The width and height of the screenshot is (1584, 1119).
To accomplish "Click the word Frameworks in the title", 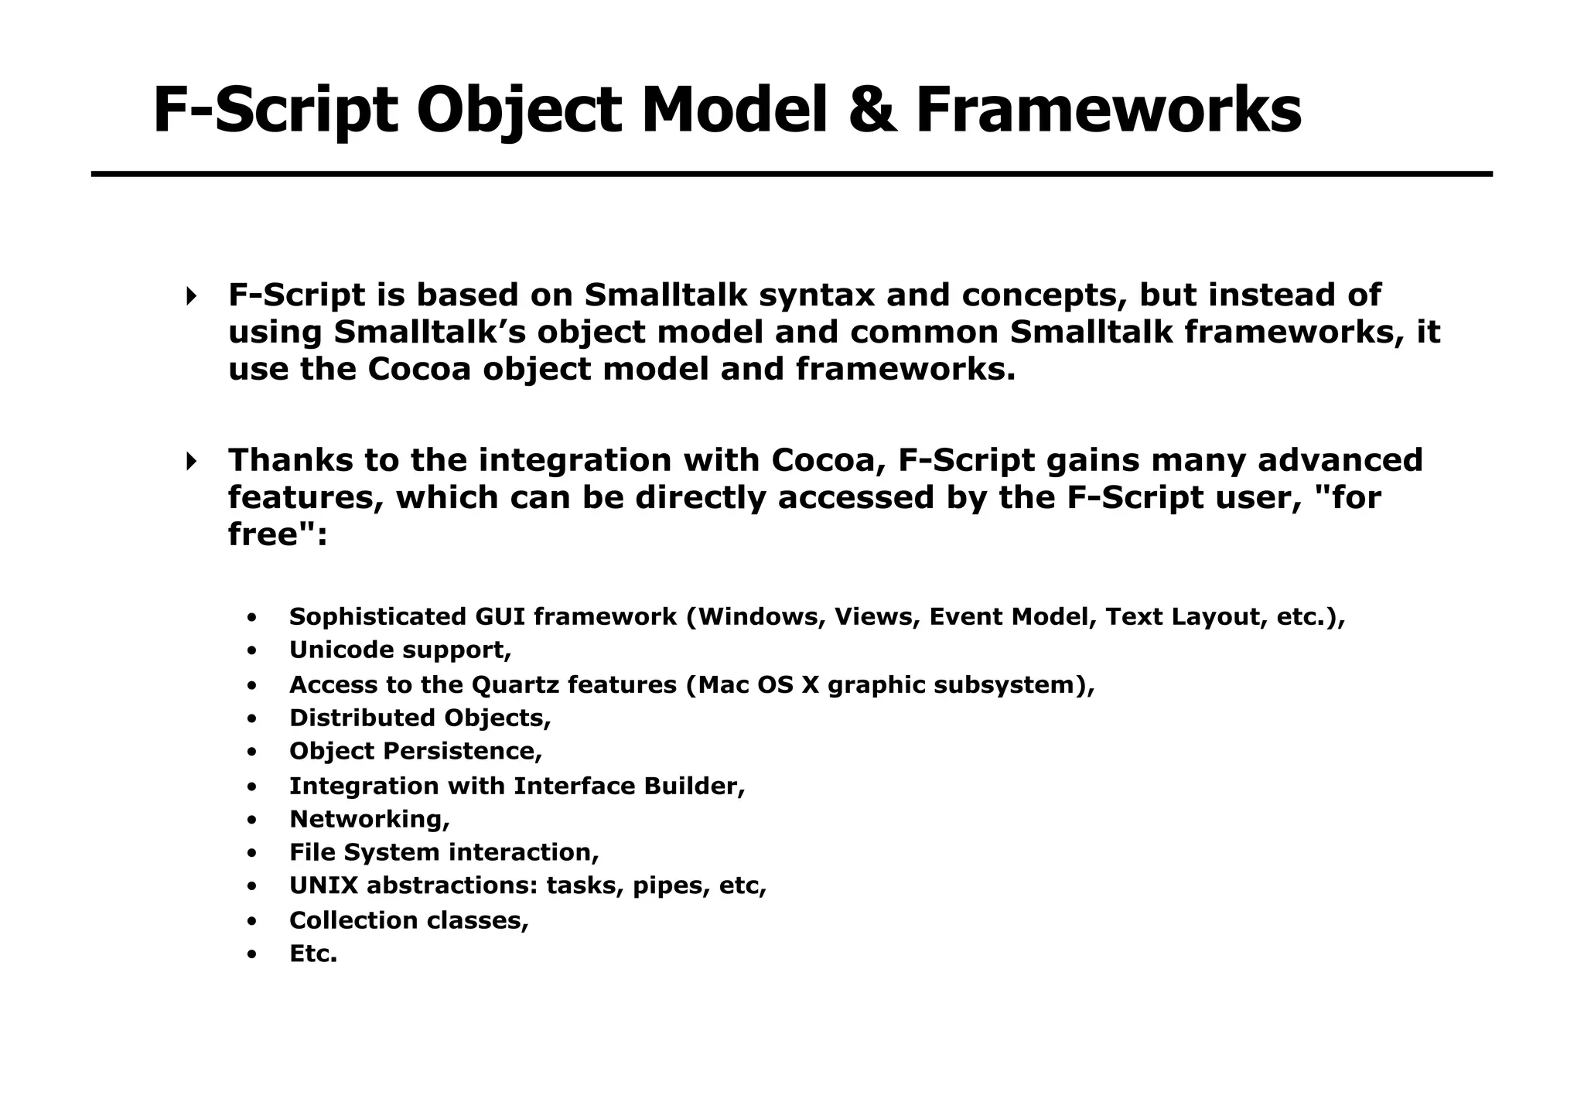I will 1108,111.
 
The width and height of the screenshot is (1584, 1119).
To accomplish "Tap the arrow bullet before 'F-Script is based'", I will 191,295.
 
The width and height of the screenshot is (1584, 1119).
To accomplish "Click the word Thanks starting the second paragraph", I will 289,460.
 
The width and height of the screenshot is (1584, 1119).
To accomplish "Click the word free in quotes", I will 263,534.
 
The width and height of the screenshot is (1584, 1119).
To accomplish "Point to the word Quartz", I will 514,684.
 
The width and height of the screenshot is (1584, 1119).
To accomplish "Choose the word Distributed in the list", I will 362,718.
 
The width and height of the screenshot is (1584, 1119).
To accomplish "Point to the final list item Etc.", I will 313,954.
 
